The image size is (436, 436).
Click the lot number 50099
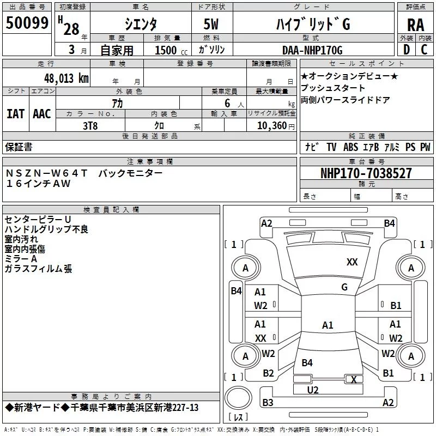[x=27, y=23]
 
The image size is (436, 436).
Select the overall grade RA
[x=416, y=25]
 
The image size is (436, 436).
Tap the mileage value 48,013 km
[x=66, y=78]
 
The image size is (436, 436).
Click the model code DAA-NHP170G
[x=312, y=50]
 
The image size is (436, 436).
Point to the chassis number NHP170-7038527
[x=366, y=173]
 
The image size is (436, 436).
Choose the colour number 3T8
[x=90, y=126]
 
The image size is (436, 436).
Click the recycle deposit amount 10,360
[x=272, y=126]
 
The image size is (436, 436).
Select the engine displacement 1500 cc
[x=171, y=50]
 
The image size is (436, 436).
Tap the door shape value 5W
[x=211, y=24]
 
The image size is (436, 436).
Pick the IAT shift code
[x=15, y=114]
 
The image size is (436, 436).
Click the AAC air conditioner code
[x=42, y=114]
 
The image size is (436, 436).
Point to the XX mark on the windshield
[x=352, y=262]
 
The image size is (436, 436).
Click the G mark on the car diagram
[x=344, y=287]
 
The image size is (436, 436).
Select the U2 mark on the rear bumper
[x=313, y=390]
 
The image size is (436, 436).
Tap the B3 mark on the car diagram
[x=268, y=402]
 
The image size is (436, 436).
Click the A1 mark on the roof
[x=328, y=325]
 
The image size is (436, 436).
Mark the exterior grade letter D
[x=407, y=50]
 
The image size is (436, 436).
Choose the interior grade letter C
[x=424, y=50]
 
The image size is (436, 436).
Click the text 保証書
[x=19, y=147]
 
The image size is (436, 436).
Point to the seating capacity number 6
[x=227, y=103]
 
